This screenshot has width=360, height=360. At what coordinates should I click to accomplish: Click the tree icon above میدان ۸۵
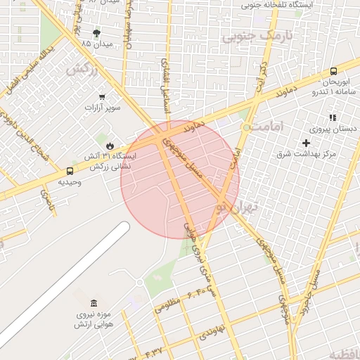(96, 32)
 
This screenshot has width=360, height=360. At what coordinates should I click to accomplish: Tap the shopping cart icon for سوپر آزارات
(103, 97)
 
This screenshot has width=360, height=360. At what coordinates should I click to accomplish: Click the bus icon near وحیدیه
(70, 171)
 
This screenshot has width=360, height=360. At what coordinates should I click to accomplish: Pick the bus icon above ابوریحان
(333, 71)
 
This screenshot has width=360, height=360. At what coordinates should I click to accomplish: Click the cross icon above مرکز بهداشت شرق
(306, 143)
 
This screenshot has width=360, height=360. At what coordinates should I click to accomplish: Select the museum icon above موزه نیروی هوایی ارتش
(94, 302)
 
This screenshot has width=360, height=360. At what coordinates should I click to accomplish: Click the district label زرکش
(82, 70)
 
